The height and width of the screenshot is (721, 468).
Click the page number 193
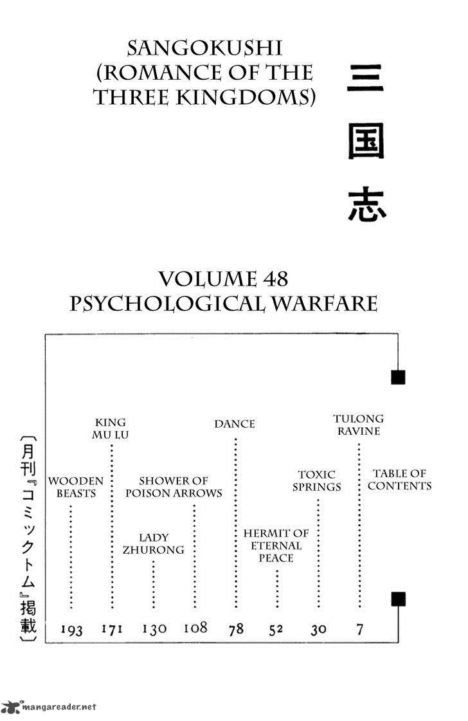click(x=71, y=630)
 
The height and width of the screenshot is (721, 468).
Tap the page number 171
click(x=112, y=628)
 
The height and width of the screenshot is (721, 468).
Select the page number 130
click(x=154, y=628)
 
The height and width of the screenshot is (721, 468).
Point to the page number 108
click(x=195, y=627)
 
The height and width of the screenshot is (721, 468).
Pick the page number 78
click(x=236, y=628)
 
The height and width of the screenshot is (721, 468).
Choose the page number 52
click(x=276, y=629)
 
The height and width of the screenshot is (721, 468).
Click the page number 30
click(x=318, y=629)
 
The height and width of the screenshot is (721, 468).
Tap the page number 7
click(x=359, y=628)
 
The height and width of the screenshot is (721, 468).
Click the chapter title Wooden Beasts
click(x=76, y=487)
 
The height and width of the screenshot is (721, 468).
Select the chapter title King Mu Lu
click(x=111, y=428)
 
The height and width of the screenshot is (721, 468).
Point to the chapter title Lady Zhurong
click(x=154, y=543)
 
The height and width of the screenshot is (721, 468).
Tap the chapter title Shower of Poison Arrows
click(x=174, y=487)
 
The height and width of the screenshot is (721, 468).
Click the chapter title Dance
click(x=235, y=424)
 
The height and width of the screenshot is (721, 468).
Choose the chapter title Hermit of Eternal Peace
click(x=276, y=545)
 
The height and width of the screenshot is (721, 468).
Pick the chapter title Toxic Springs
click(x=317, y=480)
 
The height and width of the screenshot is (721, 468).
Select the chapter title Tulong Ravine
click(x=359, y=424)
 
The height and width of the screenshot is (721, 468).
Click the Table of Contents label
click(x=399, y=480)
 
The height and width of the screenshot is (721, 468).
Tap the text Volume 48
click(x=223, y=279)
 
